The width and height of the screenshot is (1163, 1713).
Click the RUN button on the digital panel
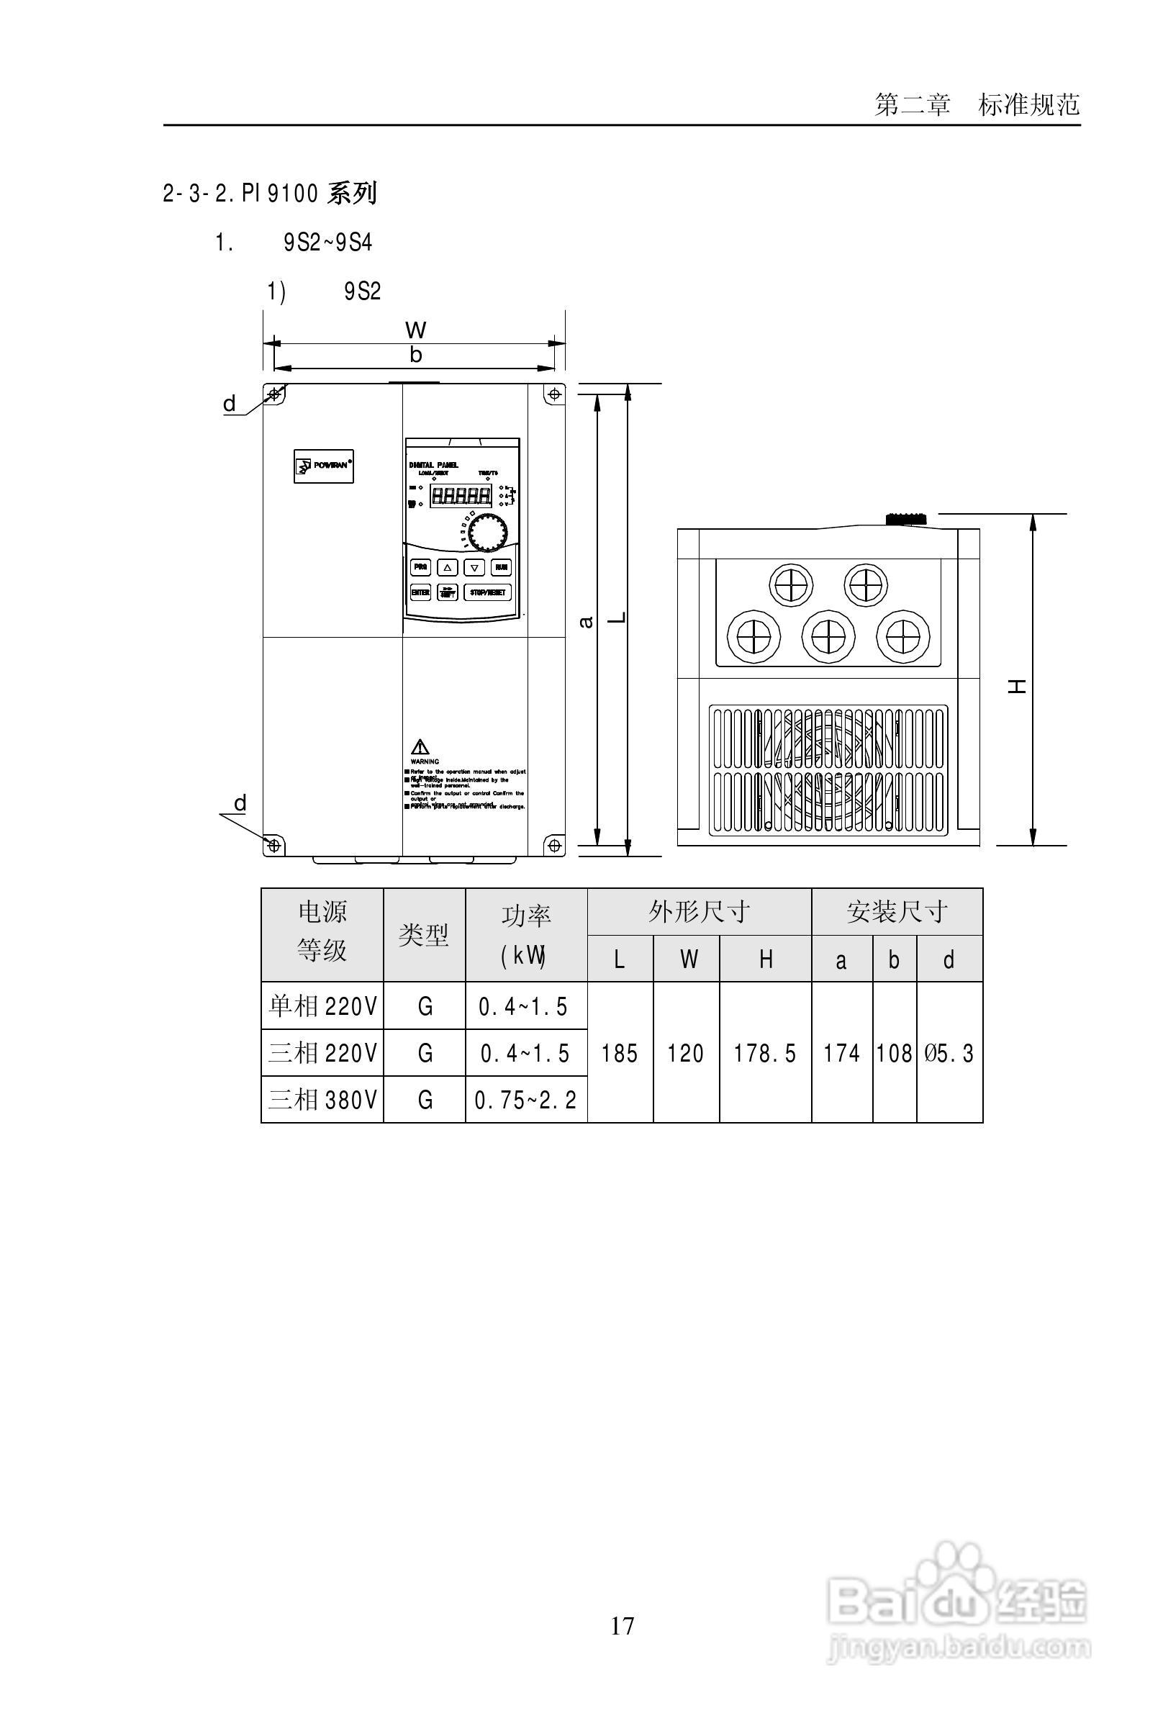click(501, 567)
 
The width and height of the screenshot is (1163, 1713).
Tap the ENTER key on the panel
click(420, 592)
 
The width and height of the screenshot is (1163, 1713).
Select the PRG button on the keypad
click(420, 567)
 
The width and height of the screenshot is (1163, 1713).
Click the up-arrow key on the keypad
click(448, 568)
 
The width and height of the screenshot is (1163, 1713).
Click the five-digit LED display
click(461, 495)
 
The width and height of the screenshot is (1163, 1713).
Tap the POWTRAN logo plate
click(324, 466)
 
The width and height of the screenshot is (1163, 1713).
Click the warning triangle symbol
click(420, 746)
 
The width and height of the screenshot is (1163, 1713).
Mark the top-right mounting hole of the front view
click(554, 394)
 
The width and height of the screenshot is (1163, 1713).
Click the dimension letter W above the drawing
click(416, 330)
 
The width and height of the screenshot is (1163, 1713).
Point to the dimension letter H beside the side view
click(1018, 686)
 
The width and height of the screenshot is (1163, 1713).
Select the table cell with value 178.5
click(765, 1053)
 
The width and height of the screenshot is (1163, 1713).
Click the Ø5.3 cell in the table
click(949, 1053)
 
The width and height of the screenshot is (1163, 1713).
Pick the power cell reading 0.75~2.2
click(525, 1100)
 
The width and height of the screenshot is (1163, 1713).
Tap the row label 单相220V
click(322, 1006)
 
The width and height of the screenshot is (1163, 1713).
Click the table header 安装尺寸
click(896, 913)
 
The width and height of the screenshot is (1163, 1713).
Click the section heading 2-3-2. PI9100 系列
click(270, 194)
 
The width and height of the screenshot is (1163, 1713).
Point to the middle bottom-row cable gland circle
click(828, 636)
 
